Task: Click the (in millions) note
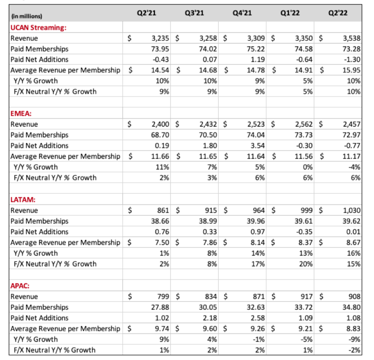[x=27, y=16]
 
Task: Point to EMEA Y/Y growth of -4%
[x=355, y=167]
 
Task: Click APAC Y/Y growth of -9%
[x=355, y=339]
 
